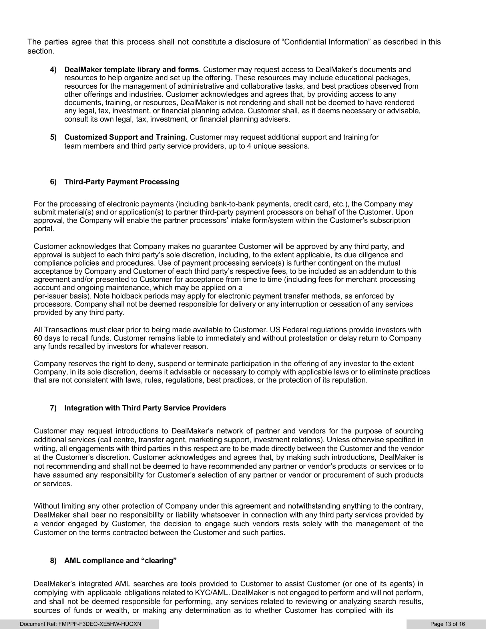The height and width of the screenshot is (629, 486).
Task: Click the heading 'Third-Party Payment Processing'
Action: point(121,182)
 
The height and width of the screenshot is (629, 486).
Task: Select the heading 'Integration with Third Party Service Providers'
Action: point(145,408)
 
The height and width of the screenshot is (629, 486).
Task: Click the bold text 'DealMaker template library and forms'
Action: point(131,70)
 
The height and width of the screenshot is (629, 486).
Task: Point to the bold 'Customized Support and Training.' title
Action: point(126,137)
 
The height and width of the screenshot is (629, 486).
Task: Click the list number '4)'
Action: point(53,70)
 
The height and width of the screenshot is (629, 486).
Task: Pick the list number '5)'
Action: point(53,137)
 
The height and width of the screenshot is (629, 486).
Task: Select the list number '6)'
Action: point(53,182)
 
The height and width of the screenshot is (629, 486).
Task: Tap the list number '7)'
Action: point(53,408)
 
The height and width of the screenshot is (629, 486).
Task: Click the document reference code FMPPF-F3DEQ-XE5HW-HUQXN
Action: point(99,624)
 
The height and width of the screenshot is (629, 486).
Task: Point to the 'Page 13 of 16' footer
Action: point(447,624)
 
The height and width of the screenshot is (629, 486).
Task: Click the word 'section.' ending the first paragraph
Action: point(41,51)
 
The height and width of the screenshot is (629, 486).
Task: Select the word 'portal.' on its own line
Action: point(44,229)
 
